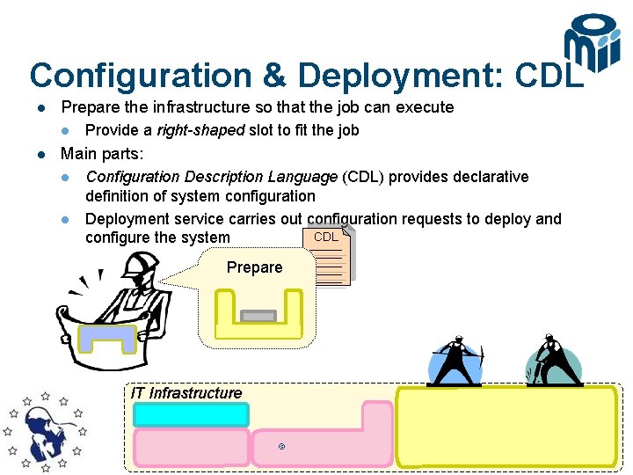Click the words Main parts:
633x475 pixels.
[102, 154]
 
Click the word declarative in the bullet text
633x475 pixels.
[488, 177]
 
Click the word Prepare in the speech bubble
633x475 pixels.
[254, 267]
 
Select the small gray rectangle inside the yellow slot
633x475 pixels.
[258, 316]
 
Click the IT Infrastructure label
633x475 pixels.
[186, 393]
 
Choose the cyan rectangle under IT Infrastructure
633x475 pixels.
[191, 414]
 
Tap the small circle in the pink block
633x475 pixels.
[281, 447]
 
